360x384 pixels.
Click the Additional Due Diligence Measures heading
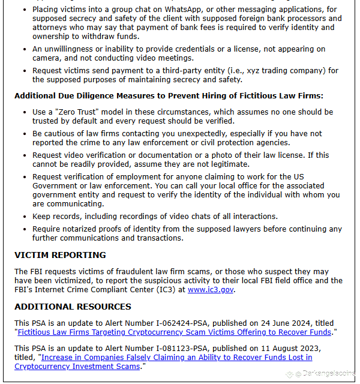point(169,95)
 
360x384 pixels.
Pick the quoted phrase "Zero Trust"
point(75,112)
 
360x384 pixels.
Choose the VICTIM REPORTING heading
point(60,255)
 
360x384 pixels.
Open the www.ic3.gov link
point(210,289)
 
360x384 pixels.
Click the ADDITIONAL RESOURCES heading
point(73,307)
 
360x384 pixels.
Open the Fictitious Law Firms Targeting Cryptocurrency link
point(174,332)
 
